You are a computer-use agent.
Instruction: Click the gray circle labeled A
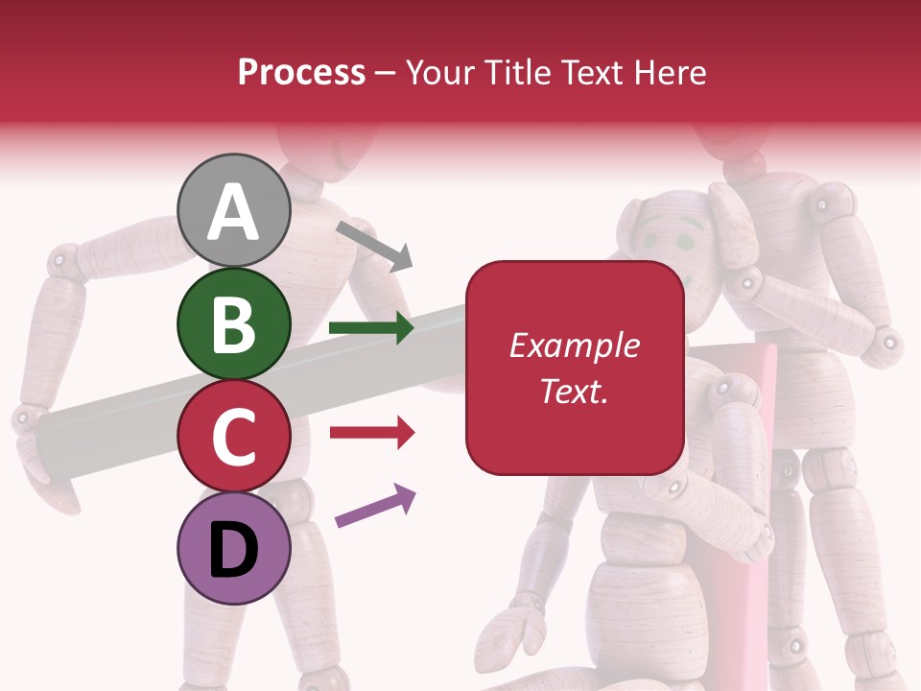point(234,210)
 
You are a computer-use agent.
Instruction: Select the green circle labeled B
point(234,324)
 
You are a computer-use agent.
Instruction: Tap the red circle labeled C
point(234,437)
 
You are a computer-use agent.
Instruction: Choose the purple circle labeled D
point(234,548)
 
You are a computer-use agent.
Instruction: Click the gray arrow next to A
point(374,245)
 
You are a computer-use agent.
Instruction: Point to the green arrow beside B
point(371,328)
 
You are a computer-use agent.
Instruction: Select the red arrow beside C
point(371,433)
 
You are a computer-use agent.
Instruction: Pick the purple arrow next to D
point(375,506)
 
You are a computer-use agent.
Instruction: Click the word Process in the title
point(301,73)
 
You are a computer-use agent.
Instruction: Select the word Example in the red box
point(574,345)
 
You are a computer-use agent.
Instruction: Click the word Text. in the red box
point(574,392)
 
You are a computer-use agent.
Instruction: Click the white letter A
point(234,212)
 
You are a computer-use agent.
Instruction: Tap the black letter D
point(234,550)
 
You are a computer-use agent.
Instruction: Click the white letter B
point(234,325)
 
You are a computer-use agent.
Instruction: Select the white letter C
point(234,438)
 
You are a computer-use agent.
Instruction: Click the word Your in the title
point(440,73)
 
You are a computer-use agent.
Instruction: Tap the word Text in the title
point(590,73)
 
